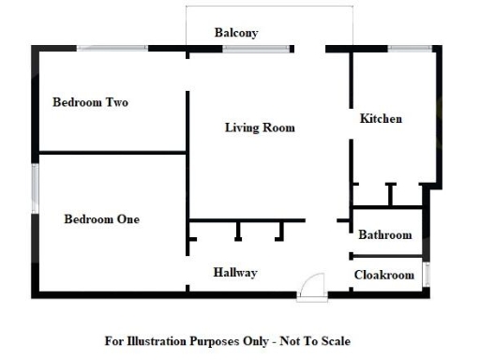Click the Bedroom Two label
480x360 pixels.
90,102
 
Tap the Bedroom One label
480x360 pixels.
101,219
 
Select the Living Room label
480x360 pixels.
260,127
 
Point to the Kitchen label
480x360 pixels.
381,119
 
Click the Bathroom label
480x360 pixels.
384,234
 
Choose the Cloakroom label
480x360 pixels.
383,275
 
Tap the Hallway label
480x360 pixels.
234,272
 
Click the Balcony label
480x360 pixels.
236,33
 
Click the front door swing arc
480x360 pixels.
313,284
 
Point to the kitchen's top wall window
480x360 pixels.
410,48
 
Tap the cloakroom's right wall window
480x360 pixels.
427,275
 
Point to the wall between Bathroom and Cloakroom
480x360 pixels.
386,255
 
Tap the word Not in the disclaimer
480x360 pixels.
294,340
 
